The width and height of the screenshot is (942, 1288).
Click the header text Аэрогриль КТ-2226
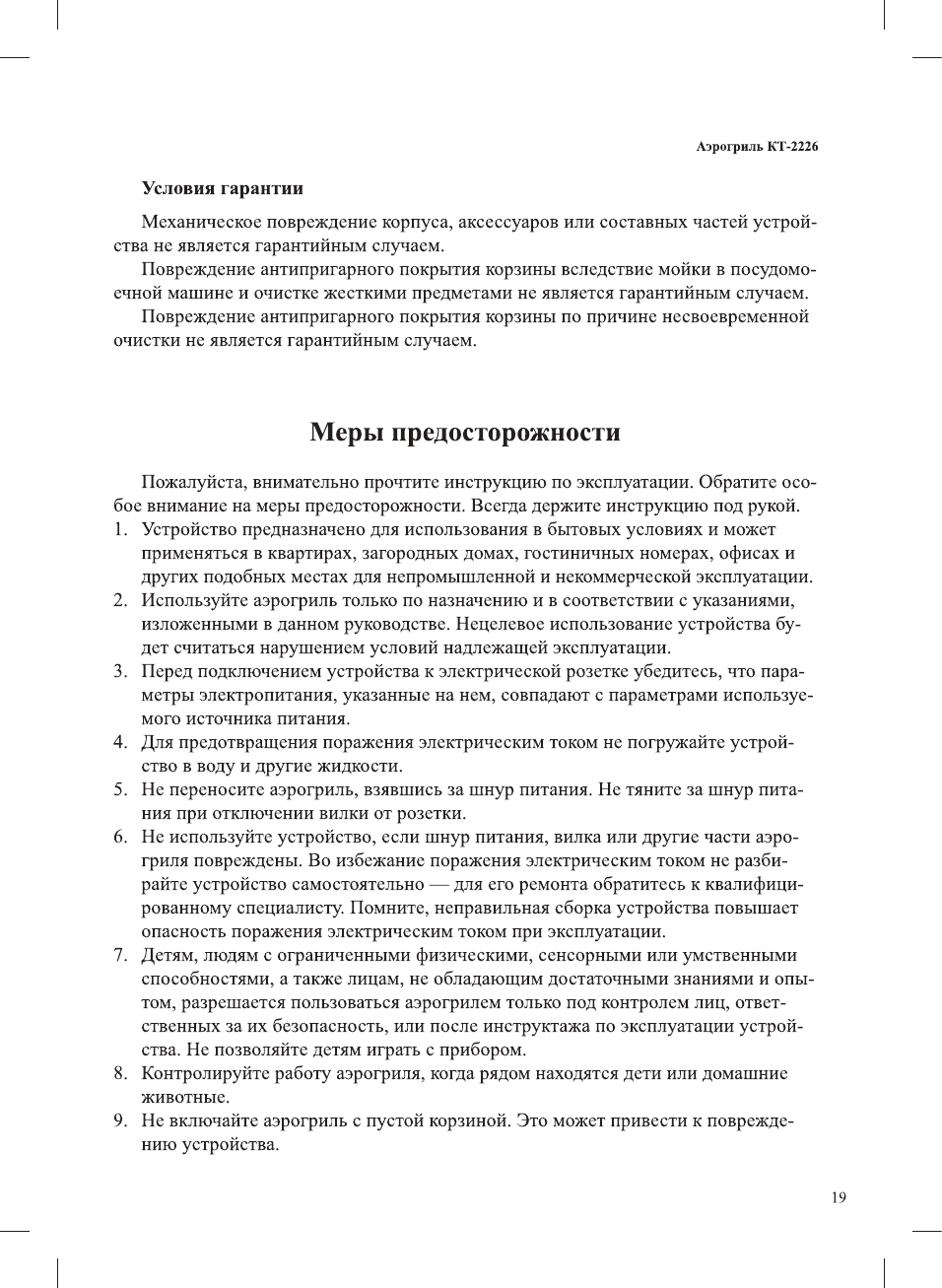pos(756,147)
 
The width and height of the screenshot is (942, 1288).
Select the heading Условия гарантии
pos(222,188)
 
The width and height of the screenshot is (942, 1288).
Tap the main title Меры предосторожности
pos(465,432)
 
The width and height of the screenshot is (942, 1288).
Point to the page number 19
pos(838,1197)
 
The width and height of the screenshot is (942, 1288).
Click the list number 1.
pos(119,529)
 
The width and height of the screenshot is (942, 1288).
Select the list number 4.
pos(119,742)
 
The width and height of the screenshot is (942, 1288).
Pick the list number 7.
pos(119,955)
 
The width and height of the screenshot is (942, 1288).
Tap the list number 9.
pos(119,1120)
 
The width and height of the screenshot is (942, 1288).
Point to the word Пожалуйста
pos(193,482)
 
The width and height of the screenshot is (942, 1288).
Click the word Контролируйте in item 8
pos(207,1073)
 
